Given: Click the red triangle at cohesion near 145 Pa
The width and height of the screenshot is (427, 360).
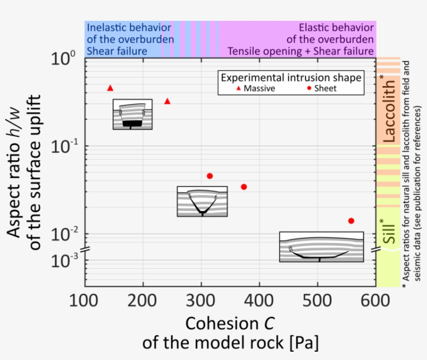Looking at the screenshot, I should click(110, 88).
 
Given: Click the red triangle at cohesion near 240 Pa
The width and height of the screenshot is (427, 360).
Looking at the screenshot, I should click(167, 101).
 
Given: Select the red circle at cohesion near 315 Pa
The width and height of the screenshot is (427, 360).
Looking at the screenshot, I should click(210, 176).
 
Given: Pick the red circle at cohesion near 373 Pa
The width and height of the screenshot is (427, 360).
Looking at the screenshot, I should click(244, 187).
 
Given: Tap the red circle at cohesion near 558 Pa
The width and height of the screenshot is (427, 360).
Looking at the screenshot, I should click(351, 221).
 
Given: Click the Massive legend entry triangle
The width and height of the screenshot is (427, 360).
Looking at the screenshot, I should click(239, 88).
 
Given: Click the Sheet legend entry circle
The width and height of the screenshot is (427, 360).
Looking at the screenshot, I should click(309, 88).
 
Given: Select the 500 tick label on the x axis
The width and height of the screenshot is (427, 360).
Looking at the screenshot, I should click(317, 300).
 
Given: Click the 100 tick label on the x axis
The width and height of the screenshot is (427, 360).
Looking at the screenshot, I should click(84, 300).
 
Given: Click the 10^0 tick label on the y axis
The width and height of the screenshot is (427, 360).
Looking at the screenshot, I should click(66, 59).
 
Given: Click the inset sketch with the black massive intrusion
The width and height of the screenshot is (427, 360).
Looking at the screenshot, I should click(133, 114).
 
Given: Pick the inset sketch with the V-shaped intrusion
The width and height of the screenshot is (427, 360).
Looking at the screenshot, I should click(202, 201).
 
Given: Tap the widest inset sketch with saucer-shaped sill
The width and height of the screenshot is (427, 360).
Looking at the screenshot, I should click(321, 247).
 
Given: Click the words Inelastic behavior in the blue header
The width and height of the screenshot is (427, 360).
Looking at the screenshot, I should click(129, 27).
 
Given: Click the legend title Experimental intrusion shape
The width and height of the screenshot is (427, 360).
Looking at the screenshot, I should click(291, 78).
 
